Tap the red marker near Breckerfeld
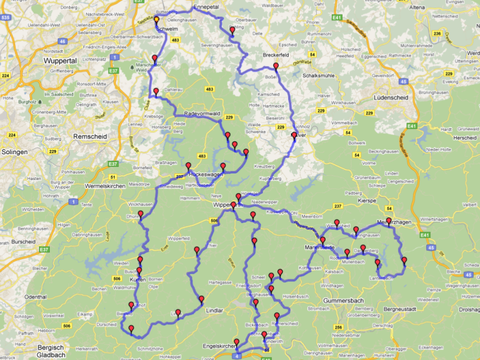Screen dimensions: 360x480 276,66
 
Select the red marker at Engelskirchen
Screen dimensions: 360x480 236,343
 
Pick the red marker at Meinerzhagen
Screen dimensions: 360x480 389,221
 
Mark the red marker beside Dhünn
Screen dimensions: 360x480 140,214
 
